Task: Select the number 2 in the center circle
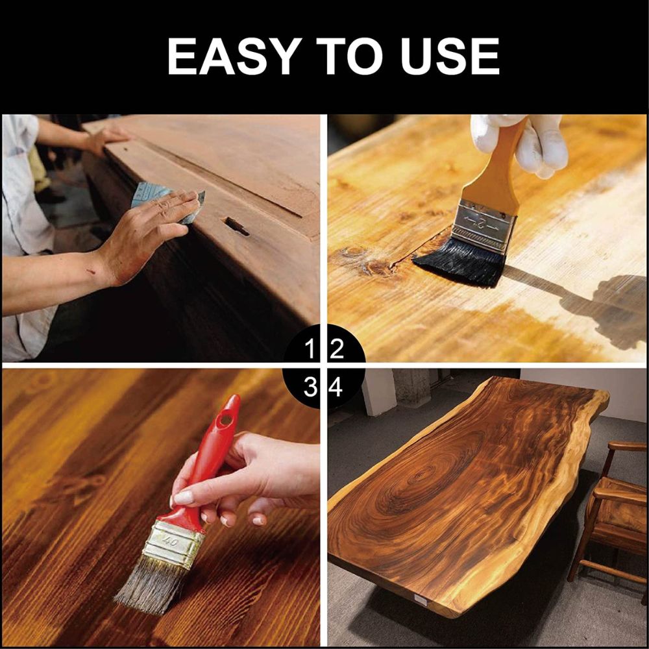337,351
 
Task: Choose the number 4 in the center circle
337,387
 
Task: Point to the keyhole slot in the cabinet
235,226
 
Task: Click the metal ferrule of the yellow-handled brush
484,224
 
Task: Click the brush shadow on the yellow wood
597,305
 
